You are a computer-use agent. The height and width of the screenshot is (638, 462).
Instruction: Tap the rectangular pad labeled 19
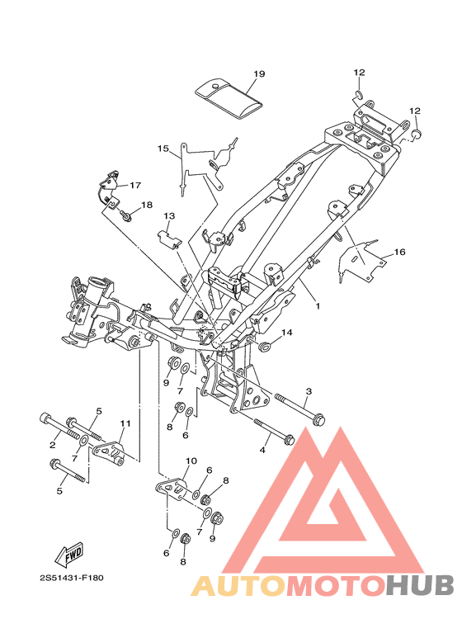[229, 99]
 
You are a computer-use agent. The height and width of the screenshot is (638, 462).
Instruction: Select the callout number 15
[163, 149]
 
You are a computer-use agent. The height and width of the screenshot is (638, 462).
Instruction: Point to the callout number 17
[135, 185]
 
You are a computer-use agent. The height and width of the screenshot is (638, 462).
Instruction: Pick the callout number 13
[169, 215]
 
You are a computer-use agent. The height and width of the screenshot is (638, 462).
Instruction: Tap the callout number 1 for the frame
[318, 305]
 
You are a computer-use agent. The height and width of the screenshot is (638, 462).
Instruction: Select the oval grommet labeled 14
[266, 347]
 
